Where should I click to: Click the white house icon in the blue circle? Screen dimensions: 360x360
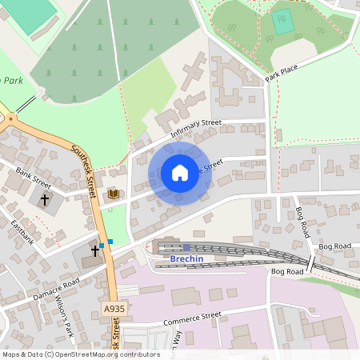pyautogui.click(x=180, y=172)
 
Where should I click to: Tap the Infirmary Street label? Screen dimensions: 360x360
pyautogui.click(x=199, y=129)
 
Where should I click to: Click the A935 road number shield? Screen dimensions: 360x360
pyautogui.click(x=114, y=308)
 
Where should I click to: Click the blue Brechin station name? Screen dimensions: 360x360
pyautogui.click(x=187, y=259)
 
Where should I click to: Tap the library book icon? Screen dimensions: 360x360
pyautogui.click(x=114, y=194)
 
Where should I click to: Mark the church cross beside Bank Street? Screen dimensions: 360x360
pyautogui.click(x=45, y=198)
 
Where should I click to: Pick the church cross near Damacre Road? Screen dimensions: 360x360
pyautogui.click(x=95, y=251)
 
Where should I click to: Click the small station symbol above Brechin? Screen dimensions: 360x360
pyautogui.click(x=186, y=247)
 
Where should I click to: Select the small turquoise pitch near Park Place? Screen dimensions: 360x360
pyautogui.click(x=283, y=22)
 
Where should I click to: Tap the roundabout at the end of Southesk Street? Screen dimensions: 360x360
pyautogui.click(x=10, y=118)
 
